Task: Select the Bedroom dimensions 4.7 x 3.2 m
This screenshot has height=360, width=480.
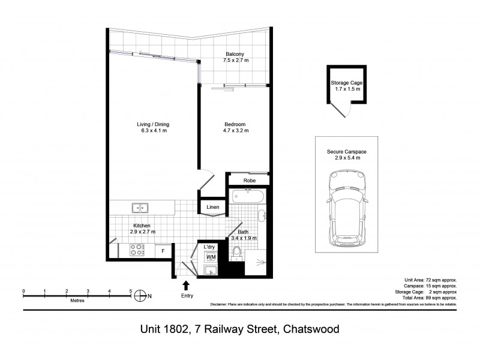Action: tap(236, 131)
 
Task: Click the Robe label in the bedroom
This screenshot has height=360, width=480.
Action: tap(250, 180)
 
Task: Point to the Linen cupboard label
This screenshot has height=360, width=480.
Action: tap(212, 208)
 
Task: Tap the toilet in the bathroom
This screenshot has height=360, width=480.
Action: tap(238, 252)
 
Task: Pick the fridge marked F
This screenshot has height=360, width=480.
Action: tap(163, 250)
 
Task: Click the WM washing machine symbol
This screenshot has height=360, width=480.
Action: tap(210, 257)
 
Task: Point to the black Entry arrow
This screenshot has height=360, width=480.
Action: tap(185, 285)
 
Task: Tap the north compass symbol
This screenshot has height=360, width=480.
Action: tap(140, 295)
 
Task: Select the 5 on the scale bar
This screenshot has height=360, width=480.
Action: tap(130, 290)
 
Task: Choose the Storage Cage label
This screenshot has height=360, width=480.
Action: tap(347, 83)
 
